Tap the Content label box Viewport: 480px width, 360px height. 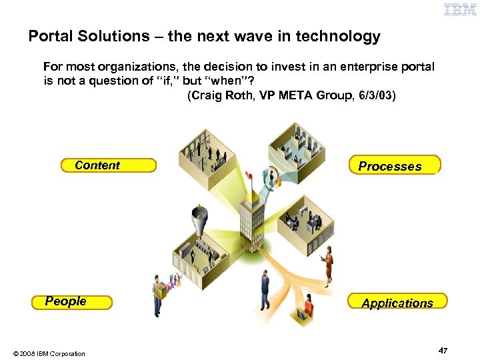[107, 165]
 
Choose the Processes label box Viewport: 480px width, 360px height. [395, 165]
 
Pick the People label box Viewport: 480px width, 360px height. [71, 302]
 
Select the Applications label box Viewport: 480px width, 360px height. [397, 303]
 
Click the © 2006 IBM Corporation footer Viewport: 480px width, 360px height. [47, 353]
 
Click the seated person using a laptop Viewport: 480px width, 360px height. [309, 308]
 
